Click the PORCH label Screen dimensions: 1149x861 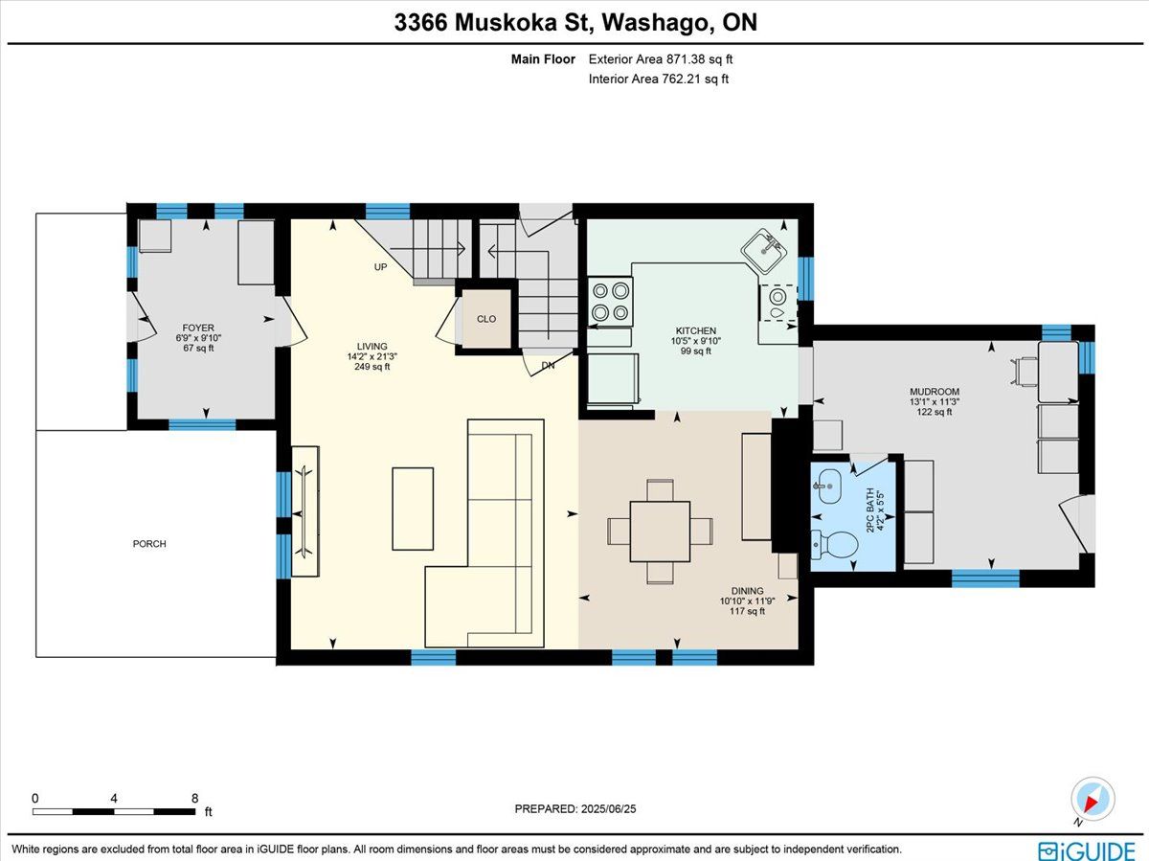(149, 544)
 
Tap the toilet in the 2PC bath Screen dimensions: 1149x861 (834, 545)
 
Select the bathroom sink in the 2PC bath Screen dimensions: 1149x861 (827, 487)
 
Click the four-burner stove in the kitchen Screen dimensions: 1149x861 (610, 302)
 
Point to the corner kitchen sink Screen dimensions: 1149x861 (764, 251)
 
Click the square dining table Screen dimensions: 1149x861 (660, 532)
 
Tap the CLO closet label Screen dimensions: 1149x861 (486, 319)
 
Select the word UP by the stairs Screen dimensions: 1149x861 (380, 267)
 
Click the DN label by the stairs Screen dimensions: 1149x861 (548, 365)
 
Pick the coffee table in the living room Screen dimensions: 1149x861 (413, 509)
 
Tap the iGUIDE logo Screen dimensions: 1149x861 (1086, 850)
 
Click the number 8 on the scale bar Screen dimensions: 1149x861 (194, 798)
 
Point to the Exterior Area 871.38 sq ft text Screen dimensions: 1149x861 (661, 59)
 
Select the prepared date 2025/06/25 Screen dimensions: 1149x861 (608, 808)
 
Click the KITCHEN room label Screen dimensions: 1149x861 (696, 330)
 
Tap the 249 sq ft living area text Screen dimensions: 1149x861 (372, 367)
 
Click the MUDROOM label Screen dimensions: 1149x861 (935, 392)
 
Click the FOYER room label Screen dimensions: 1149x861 (198, 328)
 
